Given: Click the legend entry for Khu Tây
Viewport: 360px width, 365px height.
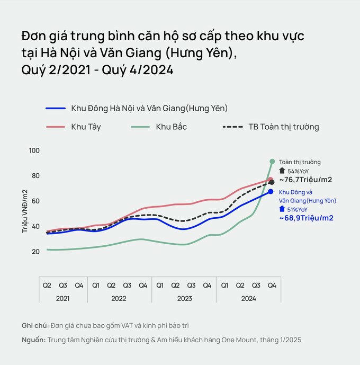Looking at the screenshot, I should pos(86,127).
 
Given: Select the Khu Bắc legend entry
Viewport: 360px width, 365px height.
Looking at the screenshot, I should pos(171,127).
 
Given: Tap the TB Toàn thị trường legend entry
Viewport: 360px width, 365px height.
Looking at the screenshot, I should pos(284,127).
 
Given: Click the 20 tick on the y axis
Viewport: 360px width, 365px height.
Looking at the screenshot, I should pos(35,251).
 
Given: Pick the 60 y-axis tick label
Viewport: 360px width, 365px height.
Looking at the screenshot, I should pos(35,201).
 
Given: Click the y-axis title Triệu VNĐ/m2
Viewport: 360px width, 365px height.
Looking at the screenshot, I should pos(24,211).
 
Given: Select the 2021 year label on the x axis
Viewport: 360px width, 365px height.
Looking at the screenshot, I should pos(62,298).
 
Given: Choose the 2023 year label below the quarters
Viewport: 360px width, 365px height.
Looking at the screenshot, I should pos(184,298).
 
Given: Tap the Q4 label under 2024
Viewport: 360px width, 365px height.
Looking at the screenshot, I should pos(272,285).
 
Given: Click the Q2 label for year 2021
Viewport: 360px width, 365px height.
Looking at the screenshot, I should pos(47,285).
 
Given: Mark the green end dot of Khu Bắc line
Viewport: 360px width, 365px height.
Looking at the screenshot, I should pos(272,162).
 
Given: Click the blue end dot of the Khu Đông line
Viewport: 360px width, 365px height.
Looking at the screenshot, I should pos(271,192).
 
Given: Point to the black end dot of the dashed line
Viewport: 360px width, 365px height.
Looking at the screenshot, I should pos(271,182).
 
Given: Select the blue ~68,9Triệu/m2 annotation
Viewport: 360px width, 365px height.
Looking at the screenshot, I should pos(306,218).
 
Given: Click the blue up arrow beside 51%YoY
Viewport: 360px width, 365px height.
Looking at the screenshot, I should pos(282,209).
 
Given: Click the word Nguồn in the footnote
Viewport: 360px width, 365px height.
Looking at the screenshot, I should pos(33,340).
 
